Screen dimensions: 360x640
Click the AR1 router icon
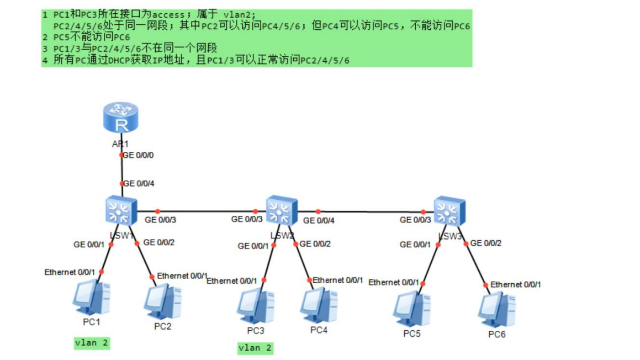click(x=120, y=119)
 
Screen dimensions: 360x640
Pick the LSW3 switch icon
click(x=449, y=210)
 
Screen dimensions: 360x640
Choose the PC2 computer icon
click(x=162, y=301)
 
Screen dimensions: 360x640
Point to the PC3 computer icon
click(x=255, y=306)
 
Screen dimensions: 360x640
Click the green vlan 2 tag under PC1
click(x=92, y=343)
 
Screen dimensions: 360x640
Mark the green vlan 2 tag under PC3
click(x=255, y=348)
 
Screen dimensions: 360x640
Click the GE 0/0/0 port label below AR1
click(x=138, y=155)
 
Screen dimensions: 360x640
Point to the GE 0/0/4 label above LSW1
click(x=138, y=183)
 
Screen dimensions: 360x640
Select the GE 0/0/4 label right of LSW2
click(x=319, y=220)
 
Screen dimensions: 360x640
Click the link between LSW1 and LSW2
click(x=204, y=211)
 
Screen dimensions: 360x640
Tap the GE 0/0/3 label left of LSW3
click(x=416, y=220)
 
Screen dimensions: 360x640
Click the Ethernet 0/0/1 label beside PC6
click(x=516, y=284)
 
